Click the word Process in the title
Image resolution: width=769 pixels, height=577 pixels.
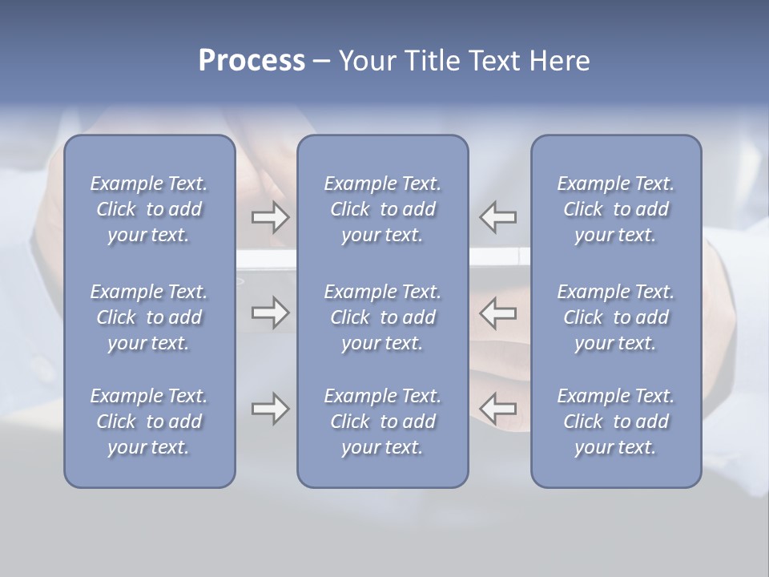point(252,61)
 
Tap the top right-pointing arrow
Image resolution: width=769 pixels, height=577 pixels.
point(271,217)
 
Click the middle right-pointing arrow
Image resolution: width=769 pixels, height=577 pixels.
point(271,313)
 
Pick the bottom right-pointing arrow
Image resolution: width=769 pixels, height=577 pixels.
point(271,410)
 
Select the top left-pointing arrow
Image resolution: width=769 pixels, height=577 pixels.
point(497,217)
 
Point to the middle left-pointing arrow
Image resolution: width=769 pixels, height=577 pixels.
point(497,313)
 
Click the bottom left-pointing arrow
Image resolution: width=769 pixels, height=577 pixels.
point(497,410)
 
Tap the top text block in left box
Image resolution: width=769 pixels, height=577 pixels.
point(149,209)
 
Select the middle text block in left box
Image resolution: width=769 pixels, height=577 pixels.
point(149,317)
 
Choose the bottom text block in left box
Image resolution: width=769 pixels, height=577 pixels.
point(149,422)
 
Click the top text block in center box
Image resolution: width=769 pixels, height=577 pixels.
point(382,209)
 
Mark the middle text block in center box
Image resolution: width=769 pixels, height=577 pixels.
point(382,317)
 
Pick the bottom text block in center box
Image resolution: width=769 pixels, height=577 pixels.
point(382,422)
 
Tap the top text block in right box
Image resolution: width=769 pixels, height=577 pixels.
point(615,209)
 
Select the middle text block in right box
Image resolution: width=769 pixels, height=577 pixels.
point(615,317)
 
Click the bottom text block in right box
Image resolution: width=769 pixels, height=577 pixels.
point(615,422)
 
